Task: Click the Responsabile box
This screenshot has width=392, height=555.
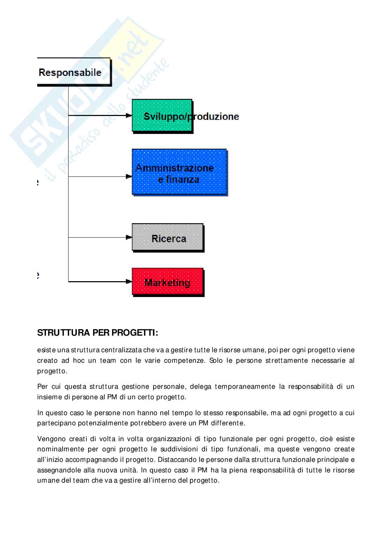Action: [74, 72]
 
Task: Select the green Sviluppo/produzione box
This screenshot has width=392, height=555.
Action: [162, 115]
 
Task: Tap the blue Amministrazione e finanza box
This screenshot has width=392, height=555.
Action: [179, 172]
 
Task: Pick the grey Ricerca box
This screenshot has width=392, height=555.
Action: [168, 238]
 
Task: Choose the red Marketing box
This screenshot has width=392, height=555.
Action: [168, 282]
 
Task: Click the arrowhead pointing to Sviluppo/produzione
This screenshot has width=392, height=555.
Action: [129, 115]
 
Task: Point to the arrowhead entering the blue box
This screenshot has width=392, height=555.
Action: [129, 176]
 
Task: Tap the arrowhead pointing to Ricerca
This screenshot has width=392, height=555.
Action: [129, 238]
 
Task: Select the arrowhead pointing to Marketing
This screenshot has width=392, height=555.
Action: [129, 282]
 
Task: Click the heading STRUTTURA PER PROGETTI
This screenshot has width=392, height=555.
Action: [98, 333]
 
